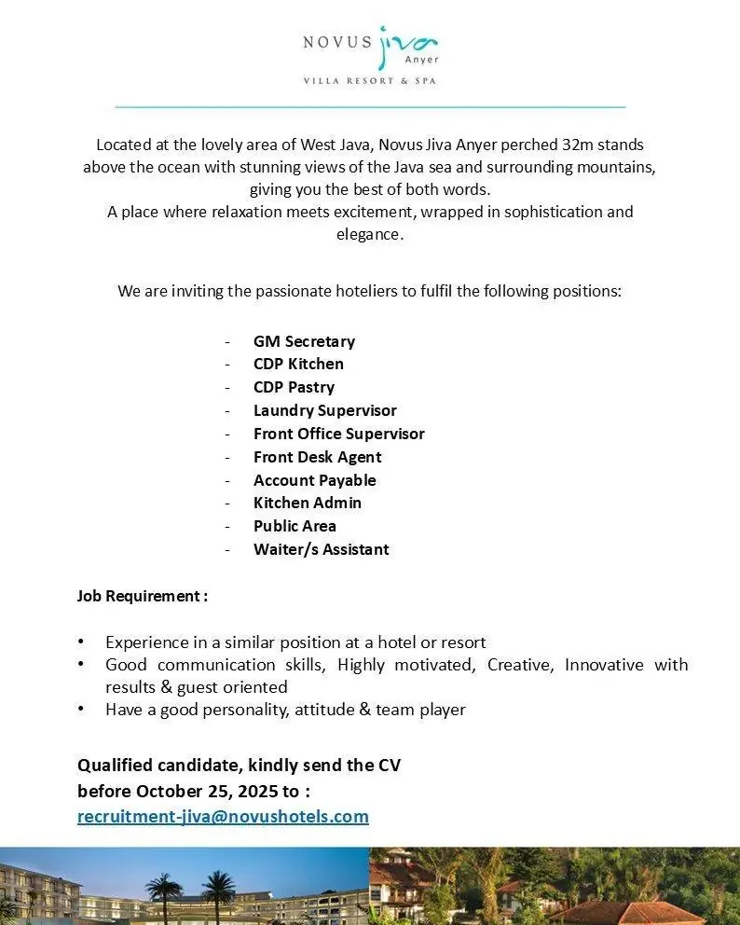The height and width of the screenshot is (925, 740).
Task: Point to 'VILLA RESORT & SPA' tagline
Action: (369, 81)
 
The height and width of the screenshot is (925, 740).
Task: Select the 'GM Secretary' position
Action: (304, 341)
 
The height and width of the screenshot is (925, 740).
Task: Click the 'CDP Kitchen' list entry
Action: (298, 364)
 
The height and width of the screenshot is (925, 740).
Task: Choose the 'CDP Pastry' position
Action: (294, 387)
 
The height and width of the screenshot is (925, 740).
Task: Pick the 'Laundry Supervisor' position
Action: (324, 410)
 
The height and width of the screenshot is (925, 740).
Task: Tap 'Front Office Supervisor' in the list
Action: (338, 434)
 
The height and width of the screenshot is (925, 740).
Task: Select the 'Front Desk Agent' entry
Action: (317, 457)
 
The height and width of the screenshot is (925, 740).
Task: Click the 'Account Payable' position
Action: (314, 480)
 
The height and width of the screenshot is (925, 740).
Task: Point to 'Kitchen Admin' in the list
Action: (307, 503)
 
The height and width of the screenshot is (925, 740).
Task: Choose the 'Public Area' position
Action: (295, 526)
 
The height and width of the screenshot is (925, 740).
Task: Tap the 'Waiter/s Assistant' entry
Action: (321, 549)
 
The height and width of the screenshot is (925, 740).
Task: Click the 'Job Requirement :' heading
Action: (142, 596)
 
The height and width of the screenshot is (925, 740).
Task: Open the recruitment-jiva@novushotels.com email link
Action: (223, 816)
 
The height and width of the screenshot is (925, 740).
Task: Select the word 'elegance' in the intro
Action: (369, 234)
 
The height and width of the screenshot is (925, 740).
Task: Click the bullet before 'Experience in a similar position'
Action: (82, 642)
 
